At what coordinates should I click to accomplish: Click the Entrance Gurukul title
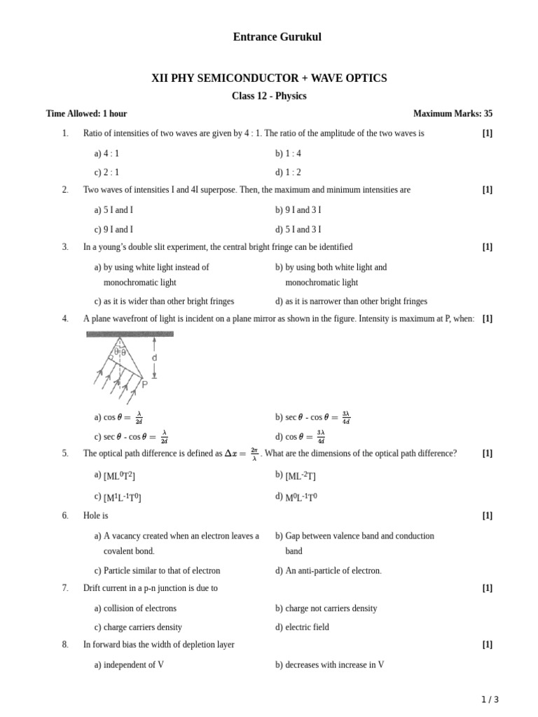(277, 37)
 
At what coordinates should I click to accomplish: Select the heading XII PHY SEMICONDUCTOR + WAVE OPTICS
(269, 78)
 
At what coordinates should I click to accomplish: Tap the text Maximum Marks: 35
(453, 113)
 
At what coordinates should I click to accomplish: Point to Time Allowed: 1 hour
(87, 113)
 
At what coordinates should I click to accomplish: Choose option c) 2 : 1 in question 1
(106, 172)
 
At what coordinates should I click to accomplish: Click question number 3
(65, 247)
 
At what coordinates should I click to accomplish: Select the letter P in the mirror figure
(145, 384)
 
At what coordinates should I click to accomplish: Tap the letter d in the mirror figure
(154, 358)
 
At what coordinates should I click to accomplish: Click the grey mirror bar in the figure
(130, 334)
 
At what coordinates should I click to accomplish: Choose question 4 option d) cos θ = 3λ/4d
(301, 437)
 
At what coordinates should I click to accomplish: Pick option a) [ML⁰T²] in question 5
(116, 476)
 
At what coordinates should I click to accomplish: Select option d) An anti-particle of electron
(329, 571)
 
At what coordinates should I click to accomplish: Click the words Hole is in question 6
(96, 515)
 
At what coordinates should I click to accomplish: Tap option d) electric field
(302, 627)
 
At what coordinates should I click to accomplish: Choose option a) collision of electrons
(135, 608)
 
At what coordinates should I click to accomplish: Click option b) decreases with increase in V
(330, 664)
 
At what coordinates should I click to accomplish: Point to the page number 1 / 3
(490, 699)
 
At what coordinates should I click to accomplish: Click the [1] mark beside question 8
(488, 644)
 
